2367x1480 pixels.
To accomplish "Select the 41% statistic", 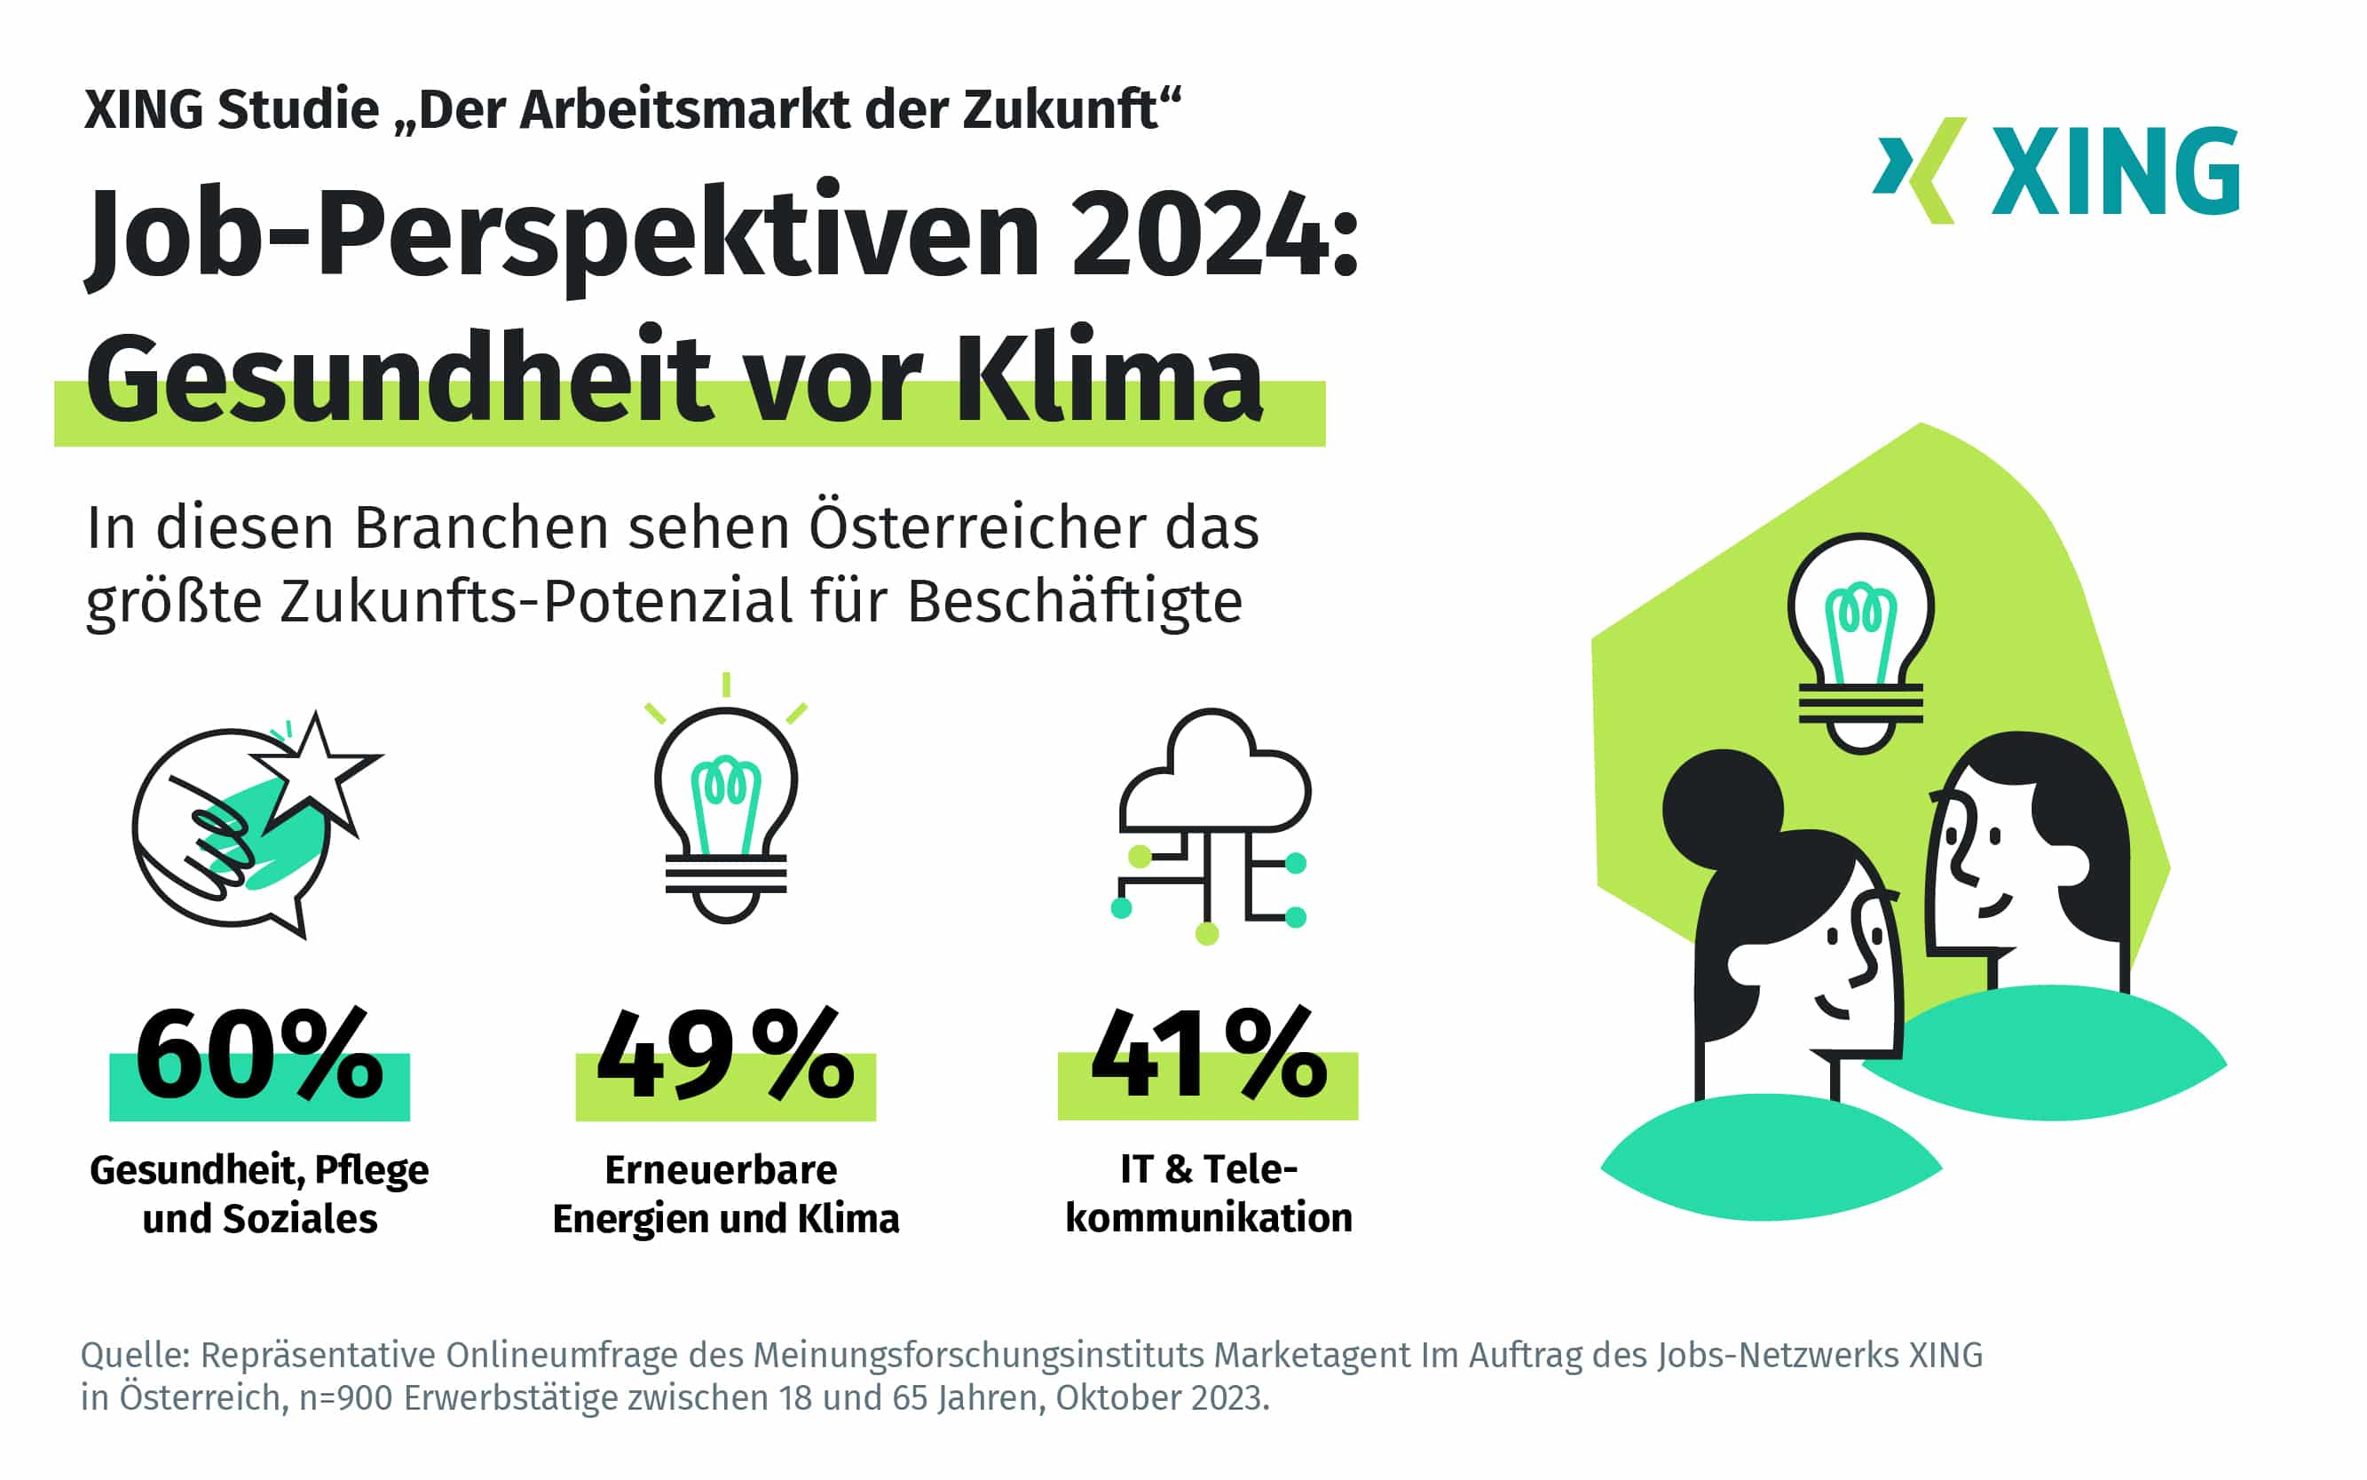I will point(1209,1054).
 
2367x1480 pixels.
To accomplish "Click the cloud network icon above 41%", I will point(1212,822).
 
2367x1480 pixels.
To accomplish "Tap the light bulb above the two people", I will point(1860,641).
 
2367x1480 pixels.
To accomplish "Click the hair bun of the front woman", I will point(1721,809).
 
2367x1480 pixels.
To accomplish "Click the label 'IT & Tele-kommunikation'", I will point(1209,1193).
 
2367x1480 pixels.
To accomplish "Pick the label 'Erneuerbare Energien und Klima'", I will point(725,1194).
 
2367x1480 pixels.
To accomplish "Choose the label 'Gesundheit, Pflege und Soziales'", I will point(259,1194).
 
